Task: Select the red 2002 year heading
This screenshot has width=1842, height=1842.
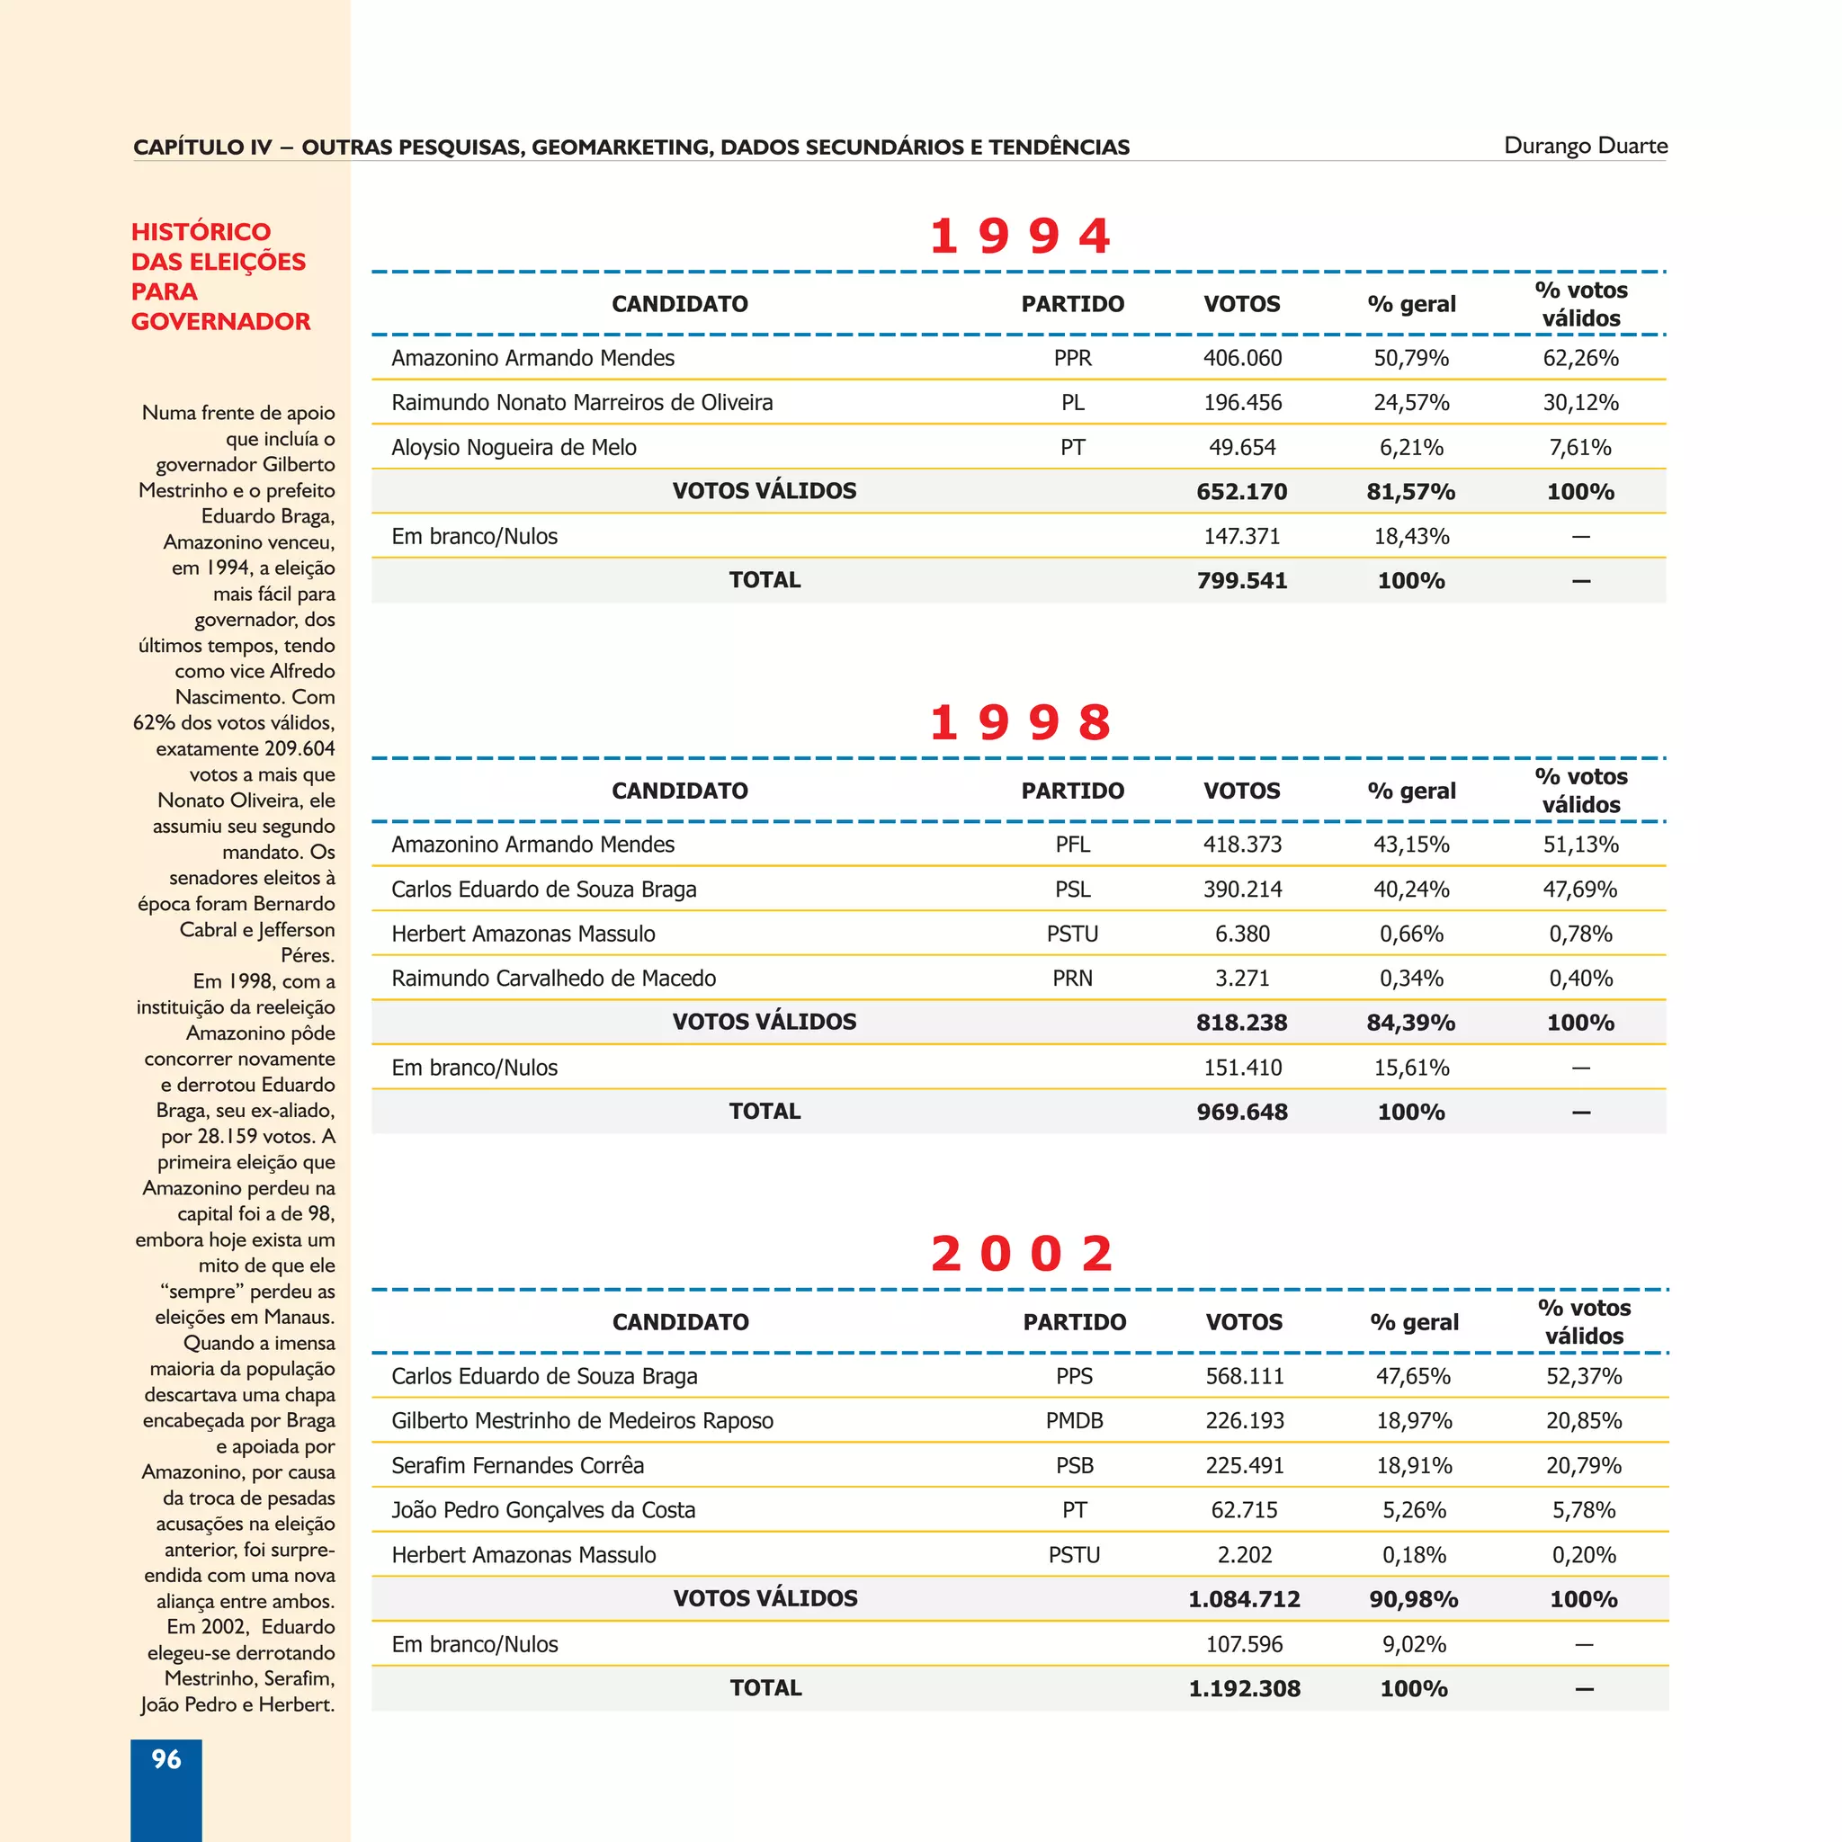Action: [x=1021, y=1253]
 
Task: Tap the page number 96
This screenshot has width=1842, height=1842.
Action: [x=165, y=1759]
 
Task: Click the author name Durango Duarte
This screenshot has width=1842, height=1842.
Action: [x=1585, y=146]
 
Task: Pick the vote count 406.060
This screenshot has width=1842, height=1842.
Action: [x=1241, y=359]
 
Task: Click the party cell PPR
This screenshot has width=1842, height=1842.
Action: [x=1073, y=359]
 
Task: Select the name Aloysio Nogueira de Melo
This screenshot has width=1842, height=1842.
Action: [x=513, y=447]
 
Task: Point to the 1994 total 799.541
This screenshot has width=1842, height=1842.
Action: [x=1241, y=581]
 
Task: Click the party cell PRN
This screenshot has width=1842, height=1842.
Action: [x=1073, y=979]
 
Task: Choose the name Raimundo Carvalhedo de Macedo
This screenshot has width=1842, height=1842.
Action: [x=553, y=979]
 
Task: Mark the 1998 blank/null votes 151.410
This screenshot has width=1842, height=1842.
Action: [x=1241, y=1068]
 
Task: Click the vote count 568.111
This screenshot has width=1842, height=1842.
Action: [x=1244, y=1376]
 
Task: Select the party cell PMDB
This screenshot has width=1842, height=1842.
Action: [x=1075, y=1420]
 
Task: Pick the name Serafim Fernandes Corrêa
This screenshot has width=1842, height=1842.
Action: [x=517, y=1465]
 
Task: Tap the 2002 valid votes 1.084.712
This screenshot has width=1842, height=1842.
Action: [x=1243, y=1599]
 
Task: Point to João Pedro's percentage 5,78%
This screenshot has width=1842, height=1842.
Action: [x=1583, y=1510]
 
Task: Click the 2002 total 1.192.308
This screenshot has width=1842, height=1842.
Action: [x=1243, y=1688]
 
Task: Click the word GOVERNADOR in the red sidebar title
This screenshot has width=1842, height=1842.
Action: [x=220, y=321]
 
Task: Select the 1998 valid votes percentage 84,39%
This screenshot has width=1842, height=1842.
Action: [x=1410, y=1023]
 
